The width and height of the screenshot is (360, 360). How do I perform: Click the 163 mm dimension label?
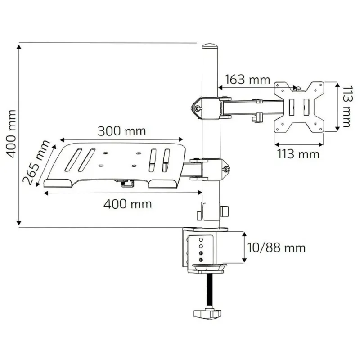click(x=247, y=80)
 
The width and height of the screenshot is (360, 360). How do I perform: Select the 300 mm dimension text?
click(x=122, y=131)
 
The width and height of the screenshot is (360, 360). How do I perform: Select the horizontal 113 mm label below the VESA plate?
click(x=298, y=154)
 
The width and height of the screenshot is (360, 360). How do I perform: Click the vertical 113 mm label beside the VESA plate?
click(x=346, y=107)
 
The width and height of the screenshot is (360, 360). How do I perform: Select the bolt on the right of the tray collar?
click(x=227, y=170)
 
